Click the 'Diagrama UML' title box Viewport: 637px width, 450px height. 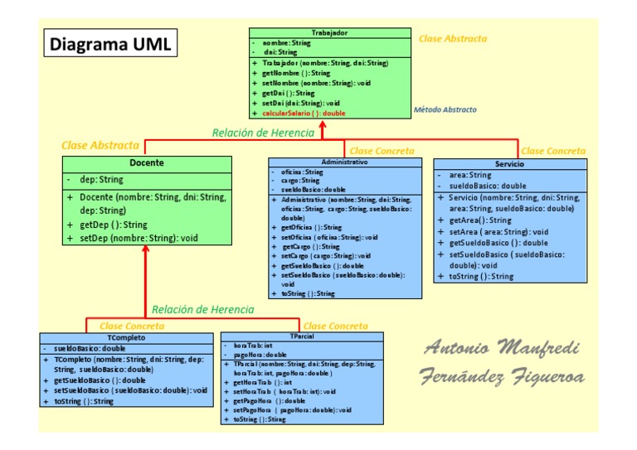pos(109,45)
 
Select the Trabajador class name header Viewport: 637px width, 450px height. pos(329,32)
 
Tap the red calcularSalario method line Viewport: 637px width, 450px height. pos(304,113)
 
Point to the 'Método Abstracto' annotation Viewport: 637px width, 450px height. pos(445,109)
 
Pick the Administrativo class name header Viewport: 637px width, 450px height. pos(343,162)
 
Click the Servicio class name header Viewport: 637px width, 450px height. pos(510,164)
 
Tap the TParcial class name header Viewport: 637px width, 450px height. pos(302,336)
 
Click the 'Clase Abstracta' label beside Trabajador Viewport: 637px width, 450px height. pos(453,38)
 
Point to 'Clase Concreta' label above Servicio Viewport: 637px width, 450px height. pos(552,151)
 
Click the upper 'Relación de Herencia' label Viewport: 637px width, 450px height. pos(263,133)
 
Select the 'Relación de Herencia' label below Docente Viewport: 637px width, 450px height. pos(203,309)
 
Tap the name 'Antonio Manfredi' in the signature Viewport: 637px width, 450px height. pos(502,347)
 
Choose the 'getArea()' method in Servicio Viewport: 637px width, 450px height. pos(480,220)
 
